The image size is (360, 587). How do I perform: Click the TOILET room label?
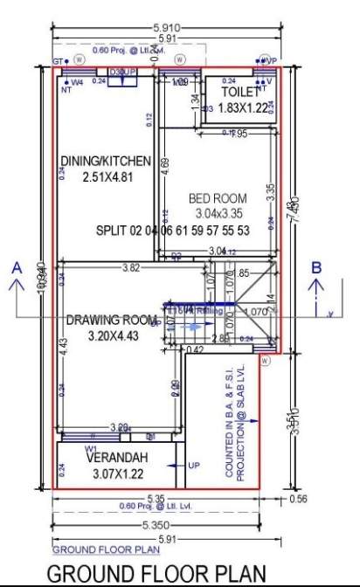coord(240,91)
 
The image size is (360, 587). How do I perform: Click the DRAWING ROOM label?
coord(107,320)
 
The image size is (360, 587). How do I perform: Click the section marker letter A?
coord(16,269)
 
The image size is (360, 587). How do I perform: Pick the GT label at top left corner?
coord(58,62)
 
